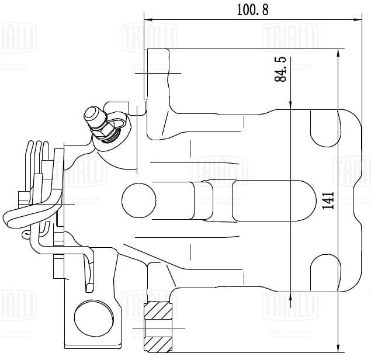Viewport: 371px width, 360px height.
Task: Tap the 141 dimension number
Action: (x=328, y=200)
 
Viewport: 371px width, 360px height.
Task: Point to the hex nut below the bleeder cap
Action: (x=106, y=134)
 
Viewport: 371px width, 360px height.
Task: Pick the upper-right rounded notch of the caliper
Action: (x=324, y=128)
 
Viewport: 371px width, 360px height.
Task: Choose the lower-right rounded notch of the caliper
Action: (x=324, y=272)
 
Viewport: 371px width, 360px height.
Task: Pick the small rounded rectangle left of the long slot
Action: (x=202, y=201)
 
